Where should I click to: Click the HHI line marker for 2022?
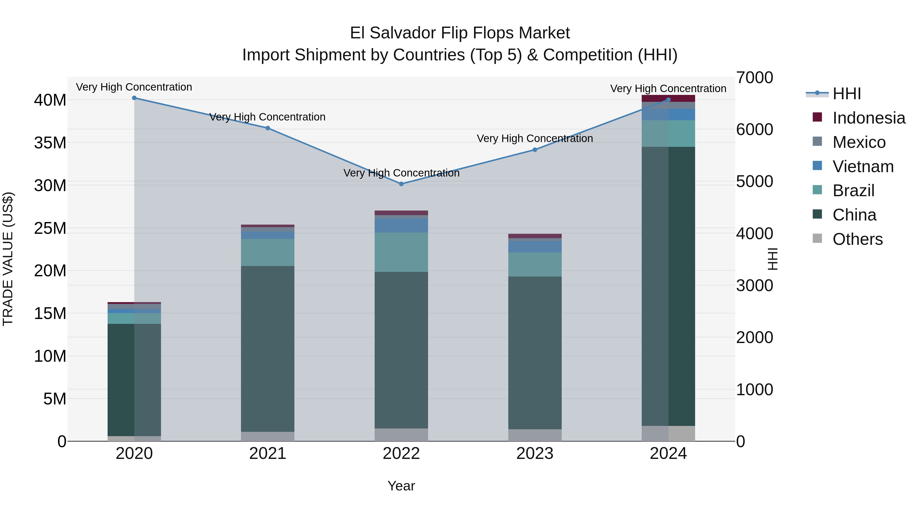point(401,184)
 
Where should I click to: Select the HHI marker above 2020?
point(134,98)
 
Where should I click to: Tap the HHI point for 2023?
point(535,150)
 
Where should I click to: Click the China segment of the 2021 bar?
point(268,349)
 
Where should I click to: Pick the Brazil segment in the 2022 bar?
point(401,252)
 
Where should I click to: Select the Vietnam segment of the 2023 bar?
point(535,247)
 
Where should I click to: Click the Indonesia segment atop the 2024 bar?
point(668,98)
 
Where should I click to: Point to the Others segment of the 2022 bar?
point(401,434)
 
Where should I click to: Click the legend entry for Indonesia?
point(869,118)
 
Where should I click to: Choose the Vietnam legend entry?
point(863,167)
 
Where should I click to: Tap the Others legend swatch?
point(817,238)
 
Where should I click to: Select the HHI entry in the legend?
point(846,94)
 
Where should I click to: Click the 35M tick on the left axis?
point(50,143)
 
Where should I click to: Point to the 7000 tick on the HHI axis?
point(754,78)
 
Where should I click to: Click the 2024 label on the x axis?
point(668,453)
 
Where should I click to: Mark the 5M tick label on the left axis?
point(55,399)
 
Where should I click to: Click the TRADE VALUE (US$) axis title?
point(8,259)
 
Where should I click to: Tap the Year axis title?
point(401,486)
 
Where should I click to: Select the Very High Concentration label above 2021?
point(268,117)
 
